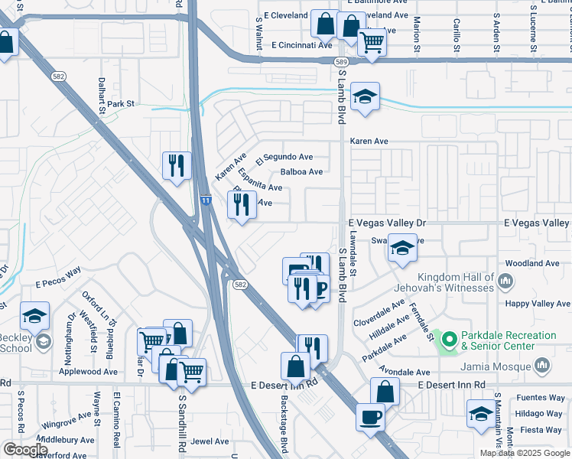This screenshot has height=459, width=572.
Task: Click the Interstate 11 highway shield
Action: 206,200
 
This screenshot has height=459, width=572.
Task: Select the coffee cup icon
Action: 372,418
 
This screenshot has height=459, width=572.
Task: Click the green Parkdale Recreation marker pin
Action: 450,337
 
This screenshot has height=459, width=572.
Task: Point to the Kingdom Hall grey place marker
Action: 505,282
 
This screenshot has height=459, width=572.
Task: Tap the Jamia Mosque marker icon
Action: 542,366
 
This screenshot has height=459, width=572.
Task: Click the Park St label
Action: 120,103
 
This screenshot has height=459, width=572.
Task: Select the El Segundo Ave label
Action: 284,157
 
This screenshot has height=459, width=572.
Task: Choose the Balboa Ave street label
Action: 301,172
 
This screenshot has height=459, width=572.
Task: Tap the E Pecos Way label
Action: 58,274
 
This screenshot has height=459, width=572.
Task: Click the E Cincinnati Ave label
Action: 301,45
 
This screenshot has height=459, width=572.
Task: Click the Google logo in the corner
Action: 24,450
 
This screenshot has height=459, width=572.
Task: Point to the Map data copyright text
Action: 525,453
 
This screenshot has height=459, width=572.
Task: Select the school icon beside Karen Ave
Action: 366,97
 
